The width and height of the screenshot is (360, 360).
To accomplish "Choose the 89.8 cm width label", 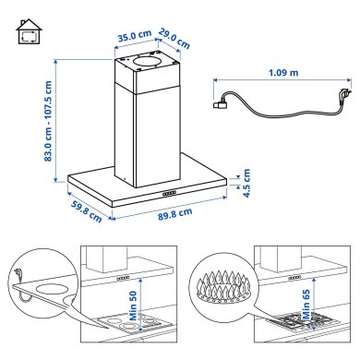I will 173,213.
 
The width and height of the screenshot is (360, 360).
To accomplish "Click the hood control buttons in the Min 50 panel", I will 122,275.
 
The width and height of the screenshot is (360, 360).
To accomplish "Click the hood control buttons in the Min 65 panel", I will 294,275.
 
